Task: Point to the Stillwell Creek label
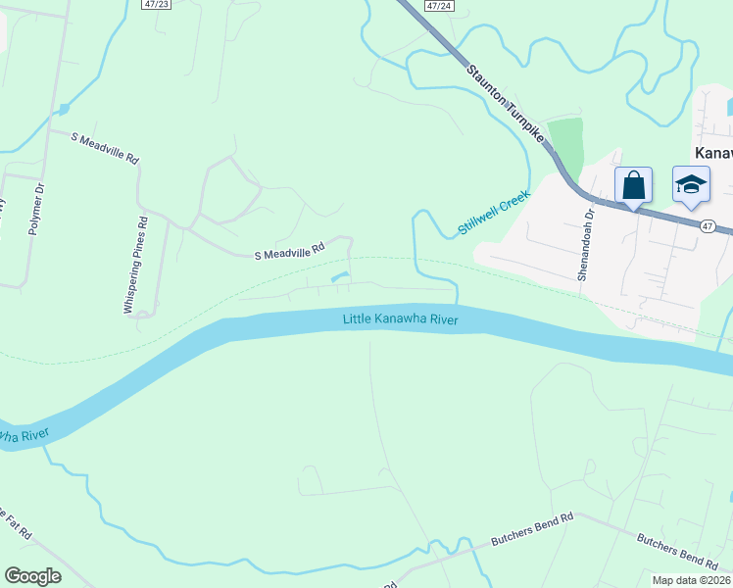(494, 213)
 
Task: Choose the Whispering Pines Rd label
(135, 265)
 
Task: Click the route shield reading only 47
(708, 225)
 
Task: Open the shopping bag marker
(633, 185)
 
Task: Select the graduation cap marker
(691, 185)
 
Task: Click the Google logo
(33, 576)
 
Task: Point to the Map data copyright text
(691, 580)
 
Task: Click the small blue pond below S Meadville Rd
(338, 278)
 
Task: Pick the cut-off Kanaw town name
(712, 153)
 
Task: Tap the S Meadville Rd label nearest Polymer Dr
(105, 148)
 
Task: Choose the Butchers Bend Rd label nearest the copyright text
(676, 551)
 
